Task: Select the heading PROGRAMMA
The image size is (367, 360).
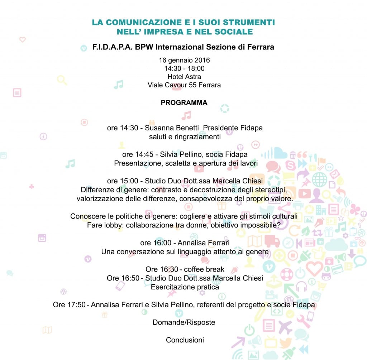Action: click(184, 103)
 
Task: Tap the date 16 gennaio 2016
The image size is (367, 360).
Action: click(184, 60)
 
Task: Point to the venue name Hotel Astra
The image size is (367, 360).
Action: click(184, 77)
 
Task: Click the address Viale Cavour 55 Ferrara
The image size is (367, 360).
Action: click(184, 85)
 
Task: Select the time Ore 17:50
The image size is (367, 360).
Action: click(69, 304)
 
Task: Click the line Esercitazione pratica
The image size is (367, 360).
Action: click(185, 287)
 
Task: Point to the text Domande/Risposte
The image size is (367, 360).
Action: click(184, 322)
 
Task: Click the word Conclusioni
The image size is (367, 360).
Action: click(185, 340)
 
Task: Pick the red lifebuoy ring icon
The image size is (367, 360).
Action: click(286, 274)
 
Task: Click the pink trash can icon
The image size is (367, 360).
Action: click(293, 155)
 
